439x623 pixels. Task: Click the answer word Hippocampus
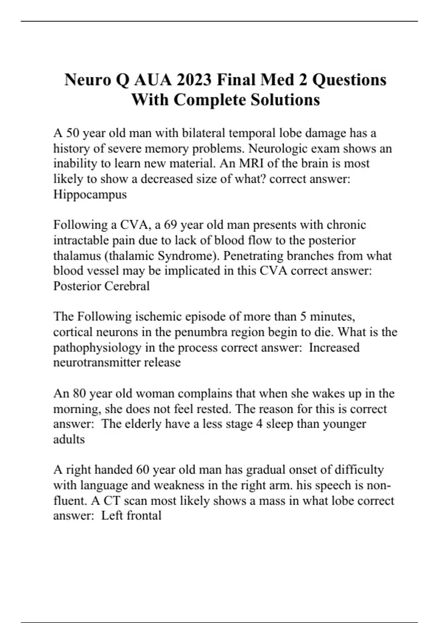coord(90,194)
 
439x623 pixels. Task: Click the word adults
coord(69,439)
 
